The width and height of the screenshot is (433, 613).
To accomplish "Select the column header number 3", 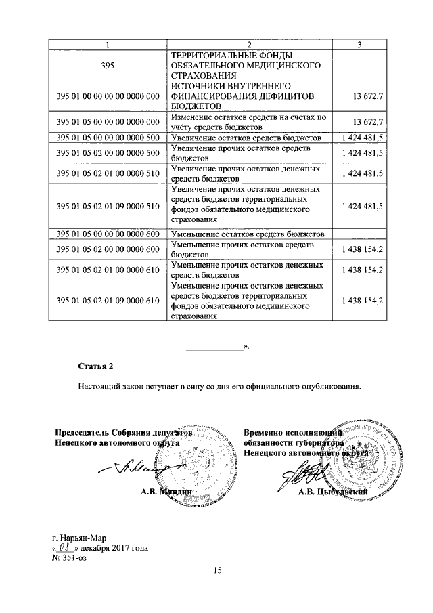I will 360,45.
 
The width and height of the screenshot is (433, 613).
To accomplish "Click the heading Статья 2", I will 95,366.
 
